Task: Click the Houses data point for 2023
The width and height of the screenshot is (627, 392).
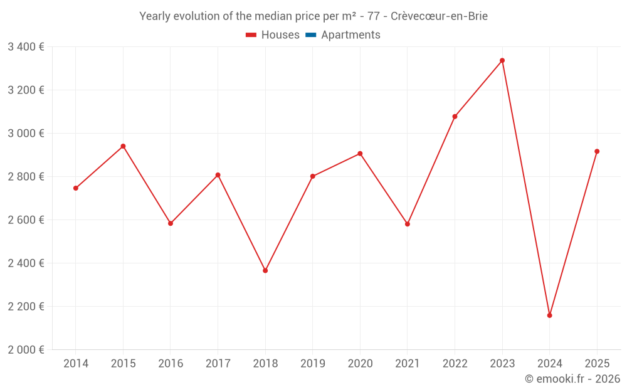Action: coord(502,61)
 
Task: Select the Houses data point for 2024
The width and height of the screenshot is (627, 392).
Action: coord(549,315)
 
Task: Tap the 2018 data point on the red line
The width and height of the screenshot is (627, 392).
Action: coord(265,271)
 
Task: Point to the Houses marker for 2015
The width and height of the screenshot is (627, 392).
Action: coord(123,146)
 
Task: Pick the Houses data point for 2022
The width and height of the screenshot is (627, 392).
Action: coord(455,117)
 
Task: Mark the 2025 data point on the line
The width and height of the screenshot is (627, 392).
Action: coord(597,151)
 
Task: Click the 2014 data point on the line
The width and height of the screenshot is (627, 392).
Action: coord(76,188)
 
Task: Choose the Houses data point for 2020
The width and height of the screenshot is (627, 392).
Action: coord(360,154)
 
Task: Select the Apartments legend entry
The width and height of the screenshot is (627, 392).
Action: coord(350,35)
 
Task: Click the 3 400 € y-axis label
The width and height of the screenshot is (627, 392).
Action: coord(26,46)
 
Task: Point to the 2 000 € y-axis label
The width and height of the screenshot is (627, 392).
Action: coord(26,349)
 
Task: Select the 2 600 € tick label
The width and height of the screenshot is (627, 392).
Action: coord(26,220)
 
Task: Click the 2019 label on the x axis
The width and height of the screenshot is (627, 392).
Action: coord(312,364)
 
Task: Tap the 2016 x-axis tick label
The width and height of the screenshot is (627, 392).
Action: coord(171,364)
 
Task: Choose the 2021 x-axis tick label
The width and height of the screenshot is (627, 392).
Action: coord(408,364)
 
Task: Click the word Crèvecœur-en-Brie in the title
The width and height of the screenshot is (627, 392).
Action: coord(443,16)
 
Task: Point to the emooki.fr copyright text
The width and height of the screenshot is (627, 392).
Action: coord(572,379)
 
